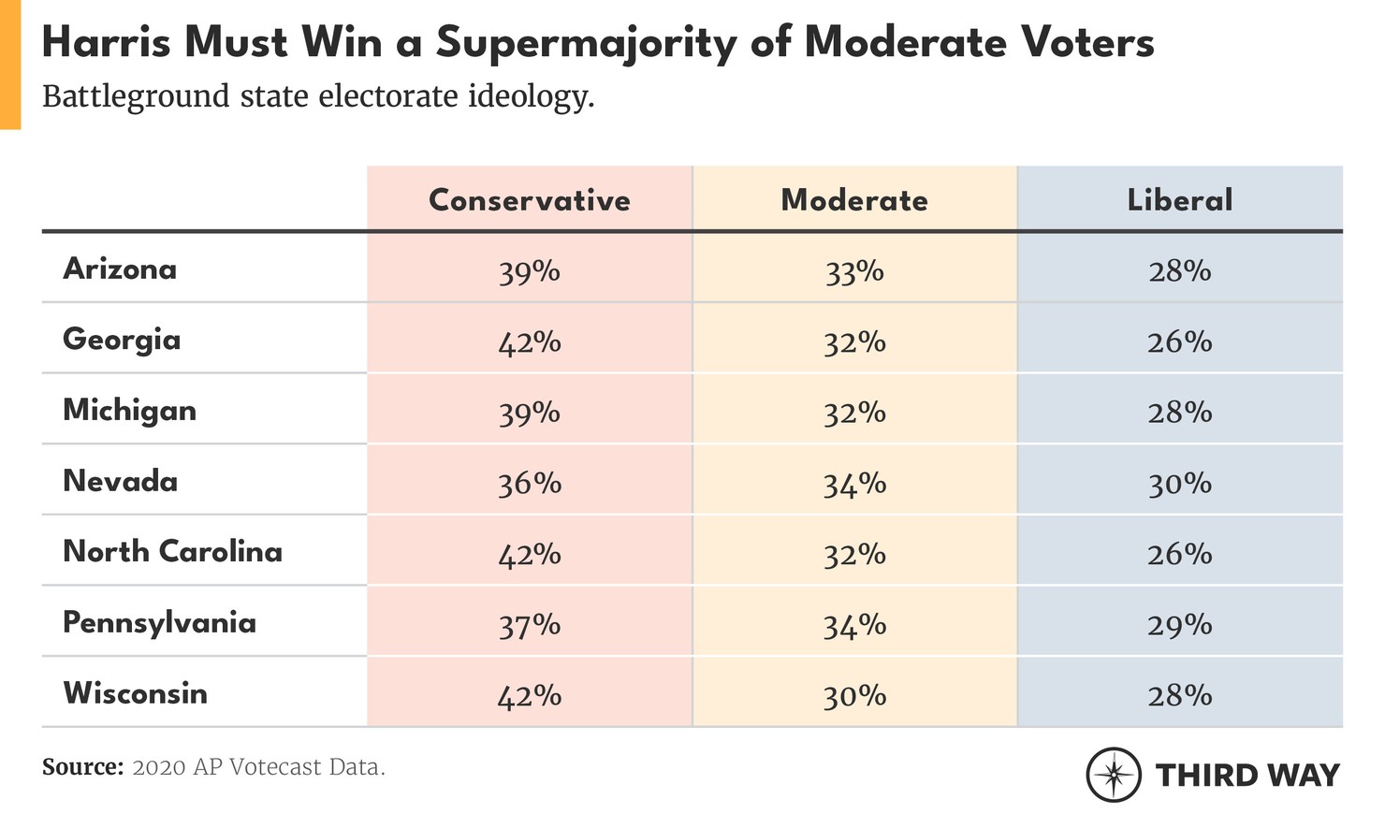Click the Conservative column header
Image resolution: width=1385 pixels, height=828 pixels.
coord(529,200)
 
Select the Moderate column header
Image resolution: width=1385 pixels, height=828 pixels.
coord(853,200)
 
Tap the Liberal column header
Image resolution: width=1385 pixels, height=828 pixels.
coord(1179,200)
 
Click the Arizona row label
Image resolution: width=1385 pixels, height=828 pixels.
coord(120,269)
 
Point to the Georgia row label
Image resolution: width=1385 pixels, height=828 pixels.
coord(122,340)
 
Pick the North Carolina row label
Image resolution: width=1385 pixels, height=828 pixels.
coord(172,552)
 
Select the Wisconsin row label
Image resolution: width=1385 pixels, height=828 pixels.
coord(135,693)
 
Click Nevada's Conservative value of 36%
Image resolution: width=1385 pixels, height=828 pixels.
coord(529,484)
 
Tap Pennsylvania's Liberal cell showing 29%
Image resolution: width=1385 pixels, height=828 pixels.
coord(1179,625)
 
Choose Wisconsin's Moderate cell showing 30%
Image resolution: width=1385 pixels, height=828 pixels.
coord(853,696)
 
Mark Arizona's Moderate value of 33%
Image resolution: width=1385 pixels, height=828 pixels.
coord(853,271)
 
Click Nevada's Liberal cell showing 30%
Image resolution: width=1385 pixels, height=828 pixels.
coord(1179,484)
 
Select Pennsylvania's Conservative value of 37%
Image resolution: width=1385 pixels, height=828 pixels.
coord(529,625)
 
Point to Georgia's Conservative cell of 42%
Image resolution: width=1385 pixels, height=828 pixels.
coord(529,342)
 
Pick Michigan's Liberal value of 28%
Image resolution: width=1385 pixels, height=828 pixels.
coord(1179,413)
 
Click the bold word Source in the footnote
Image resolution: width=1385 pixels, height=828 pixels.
coord(82,767)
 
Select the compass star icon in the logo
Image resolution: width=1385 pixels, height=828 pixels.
coord(1114,775)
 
